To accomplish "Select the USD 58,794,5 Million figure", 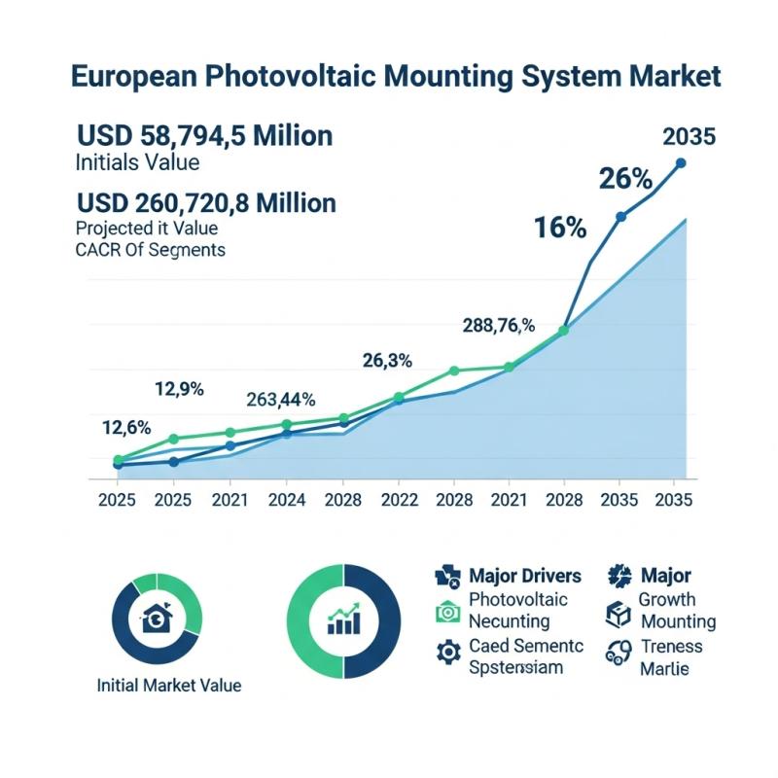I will [204, 135].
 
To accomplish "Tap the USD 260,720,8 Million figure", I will [206, 202].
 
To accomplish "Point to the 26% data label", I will [625, 178].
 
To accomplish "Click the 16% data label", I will [559, 228].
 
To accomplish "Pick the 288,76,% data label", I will [498, 326].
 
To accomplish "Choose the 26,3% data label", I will [387, 361].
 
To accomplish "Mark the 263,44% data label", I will [280, 399].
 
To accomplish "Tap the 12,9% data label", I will [179, 389].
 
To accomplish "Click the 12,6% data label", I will [126, 427].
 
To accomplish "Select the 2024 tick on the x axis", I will [286, 500].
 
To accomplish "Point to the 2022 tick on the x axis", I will [399, 500].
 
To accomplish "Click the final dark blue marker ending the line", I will [681, 163].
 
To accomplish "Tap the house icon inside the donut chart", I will [156, 619].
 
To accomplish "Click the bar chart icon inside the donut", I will [344, 619].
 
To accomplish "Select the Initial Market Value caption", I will [169, 685].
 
